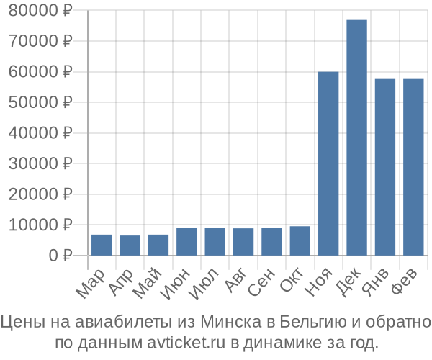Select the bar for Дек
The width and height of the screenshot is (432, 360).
tap(356, 137)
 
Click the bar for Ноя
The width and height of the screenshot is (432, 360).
tap(328, 163)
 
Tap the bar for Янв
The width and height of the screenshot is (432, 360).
tap(385, 167)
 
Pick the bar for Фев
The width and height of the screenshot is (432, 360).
tap(413, 167)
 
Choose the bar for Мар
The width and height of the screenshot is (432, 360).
tap(102, 245)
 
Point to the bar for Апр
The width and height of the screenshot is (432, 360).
tap(130, 246)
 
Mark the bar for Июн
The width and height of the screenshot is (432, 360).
tap(186, 241)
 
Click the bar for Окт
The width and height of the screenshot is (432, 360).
tap(300, 240)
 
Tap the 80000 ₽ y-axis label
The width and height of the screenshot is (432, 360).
tap(42, 11)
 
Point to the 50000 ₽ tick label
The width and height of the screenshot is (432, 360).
tap(42, 102)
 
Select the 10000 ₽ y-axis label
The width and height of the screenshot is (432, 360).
tap(42, 225)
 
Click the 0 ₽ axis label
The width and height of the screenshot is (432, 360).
tap(60, 255)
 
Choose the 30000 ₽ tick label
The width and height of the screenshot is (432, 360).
tap(42, 163)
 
